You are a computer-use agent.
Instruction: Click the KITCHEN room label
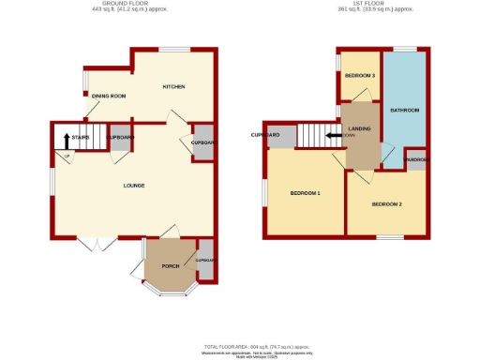click(x=173, y=87)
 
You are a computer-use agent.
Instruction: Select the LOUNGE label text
click(x=133, y=186)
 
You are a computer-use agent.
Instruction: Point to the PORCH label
click(x=171, y=266)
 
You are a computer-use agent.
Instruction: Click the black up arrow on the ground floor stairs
click(x=66, y=140)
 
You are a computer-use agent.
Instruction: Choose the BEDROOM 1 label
click(x=305, y=193)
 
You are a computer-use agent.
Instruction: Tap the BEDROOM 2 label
click(x=386, y=203)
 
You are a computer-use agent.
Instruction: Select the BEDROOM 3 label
click(x=359, y=75)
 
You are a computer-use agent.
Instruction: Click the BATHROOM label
click(x=404, y=111)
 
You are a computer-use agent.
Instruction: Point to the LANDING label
click(x=360, y=127)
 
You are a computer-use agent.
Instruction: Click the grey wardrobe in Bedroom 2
click(x=415, y=159)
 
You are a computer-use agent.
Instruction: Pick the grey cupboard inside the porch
click(x=205, y=260)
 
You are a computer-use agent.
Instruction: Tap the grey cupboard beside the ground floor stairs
click(x=120, y=138)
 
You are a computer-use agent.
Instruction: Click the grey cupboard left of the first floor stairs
click(x=281, y=137)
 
